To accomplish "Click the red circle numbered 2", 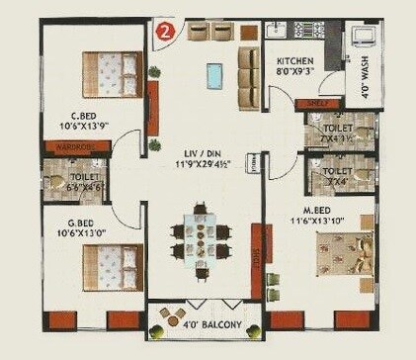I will coord(168,30).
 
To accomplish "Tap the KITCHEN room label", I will coord(295,60).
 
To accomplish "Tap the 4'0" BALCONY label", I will coord(206,320).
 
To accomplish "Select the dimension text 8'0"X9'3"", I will coord(295,71).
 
